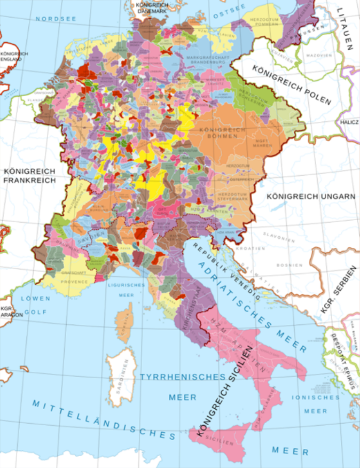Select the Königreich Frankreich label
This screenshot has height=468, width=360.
tap(29, 176)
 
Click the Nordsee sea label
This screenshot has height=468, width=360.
tap(56, 19)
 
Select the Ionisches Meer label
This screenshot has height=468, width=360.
tap(315, 404)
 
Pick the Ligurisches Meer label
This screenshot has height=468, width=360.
tap(127, 290)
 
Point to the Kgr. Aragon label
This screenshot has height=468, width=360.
tap(9, 312)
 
